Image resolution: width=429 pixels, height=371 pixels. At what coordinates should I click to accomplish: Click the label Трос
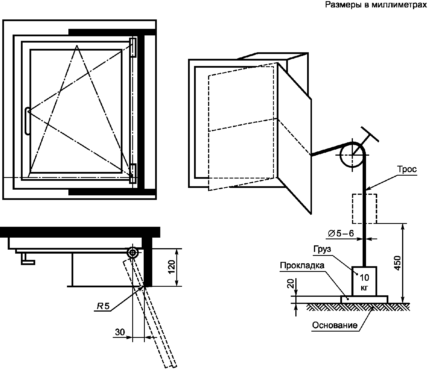pyautogui.click(x=407, y=169)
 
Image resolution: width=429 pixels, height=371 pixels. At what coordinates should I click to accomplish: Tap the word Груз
pyautogui.click(x=322, y=249)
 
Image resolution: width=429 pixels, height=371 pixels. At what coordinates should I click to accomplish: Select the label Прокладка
pyautogui.click(x=302, y=266)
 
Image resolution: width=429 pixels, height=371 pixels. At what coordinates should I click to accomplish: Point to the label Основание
pyautogui.click(x=335, y=325)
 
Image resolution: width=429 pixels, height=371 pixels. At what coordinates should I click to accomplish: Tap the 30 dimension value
pyautogui.click(x=120, y=332)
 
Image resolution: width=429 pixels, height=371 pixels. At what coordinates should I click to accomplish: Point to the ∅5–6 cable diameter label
pyautogui.click(x=340, y=234)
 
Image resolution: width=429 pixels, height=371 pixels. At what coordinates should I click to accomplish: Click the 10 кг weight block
pyautogui.click(x=364, y=281)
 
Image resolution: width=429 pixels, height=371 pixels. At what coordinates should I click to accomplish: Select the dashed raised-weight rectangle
pyautogui.click(x=364, y=209)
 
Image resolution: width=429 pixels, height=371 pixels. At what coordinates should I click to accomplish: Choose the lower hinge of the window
pyautogui.click(x=133, y=173)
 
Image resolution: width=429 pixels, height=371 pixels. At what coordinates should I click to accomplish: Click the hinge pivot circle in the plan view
pyautogui.click(x=133, y=252)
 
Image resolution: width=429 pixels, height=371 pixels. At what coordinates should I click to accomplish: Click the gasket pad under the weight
pyautogui.click(x=364, y=299)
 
